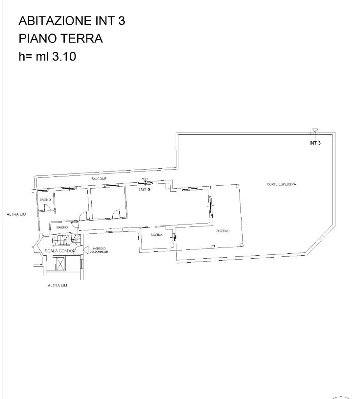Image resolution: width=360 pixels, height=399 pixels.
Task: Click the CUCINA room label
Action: click(157, 235)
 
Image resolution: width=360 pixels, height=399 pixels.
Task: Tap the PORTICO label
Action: click(222, 231)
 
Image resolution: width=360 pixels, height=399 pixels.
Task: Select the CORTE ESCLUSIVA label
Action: click(281, 184)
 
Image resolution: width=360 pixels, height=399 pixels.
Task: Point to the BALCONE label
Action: click(99, 179)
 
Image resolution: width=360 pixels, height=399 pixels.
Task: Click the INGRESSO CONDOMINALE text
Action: click(99, 250)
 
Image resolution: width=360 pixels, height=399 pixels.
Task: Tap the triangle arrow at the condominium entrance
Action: click(86, 250)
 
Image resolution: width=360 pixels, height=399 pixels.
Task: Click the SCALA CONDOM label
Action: click(60, 251)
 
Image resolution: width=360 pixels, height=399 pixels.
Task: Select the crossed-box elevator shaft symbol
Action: click(60, 264)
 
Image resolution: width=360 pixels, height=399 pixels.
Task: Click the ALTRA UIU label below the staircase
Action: click(57, 286)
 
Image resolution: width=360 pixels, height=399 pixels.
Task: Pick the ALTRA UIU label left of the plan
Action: click(16, 215)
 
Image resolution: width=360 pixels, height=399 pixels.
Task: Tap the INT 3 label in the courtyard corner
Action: click(315, 143)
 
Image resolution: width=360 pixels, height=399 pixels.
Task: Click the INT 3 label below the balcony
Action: click(145, 190)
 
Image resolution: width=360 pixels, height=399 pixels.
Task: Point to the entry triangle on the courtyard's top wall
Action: click(315, 131)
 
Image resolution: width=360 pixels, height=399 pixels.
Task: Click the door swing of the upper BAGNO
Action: click(48, 208)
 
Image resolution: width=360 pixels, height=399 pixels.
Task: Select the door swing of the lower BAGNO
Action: click(75, 224)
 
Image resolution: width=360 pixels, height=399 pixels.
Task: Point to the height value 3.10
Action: click(64, 56)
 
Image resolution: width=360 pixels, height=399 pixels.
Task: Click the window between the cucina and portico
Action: click(174, 237)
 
